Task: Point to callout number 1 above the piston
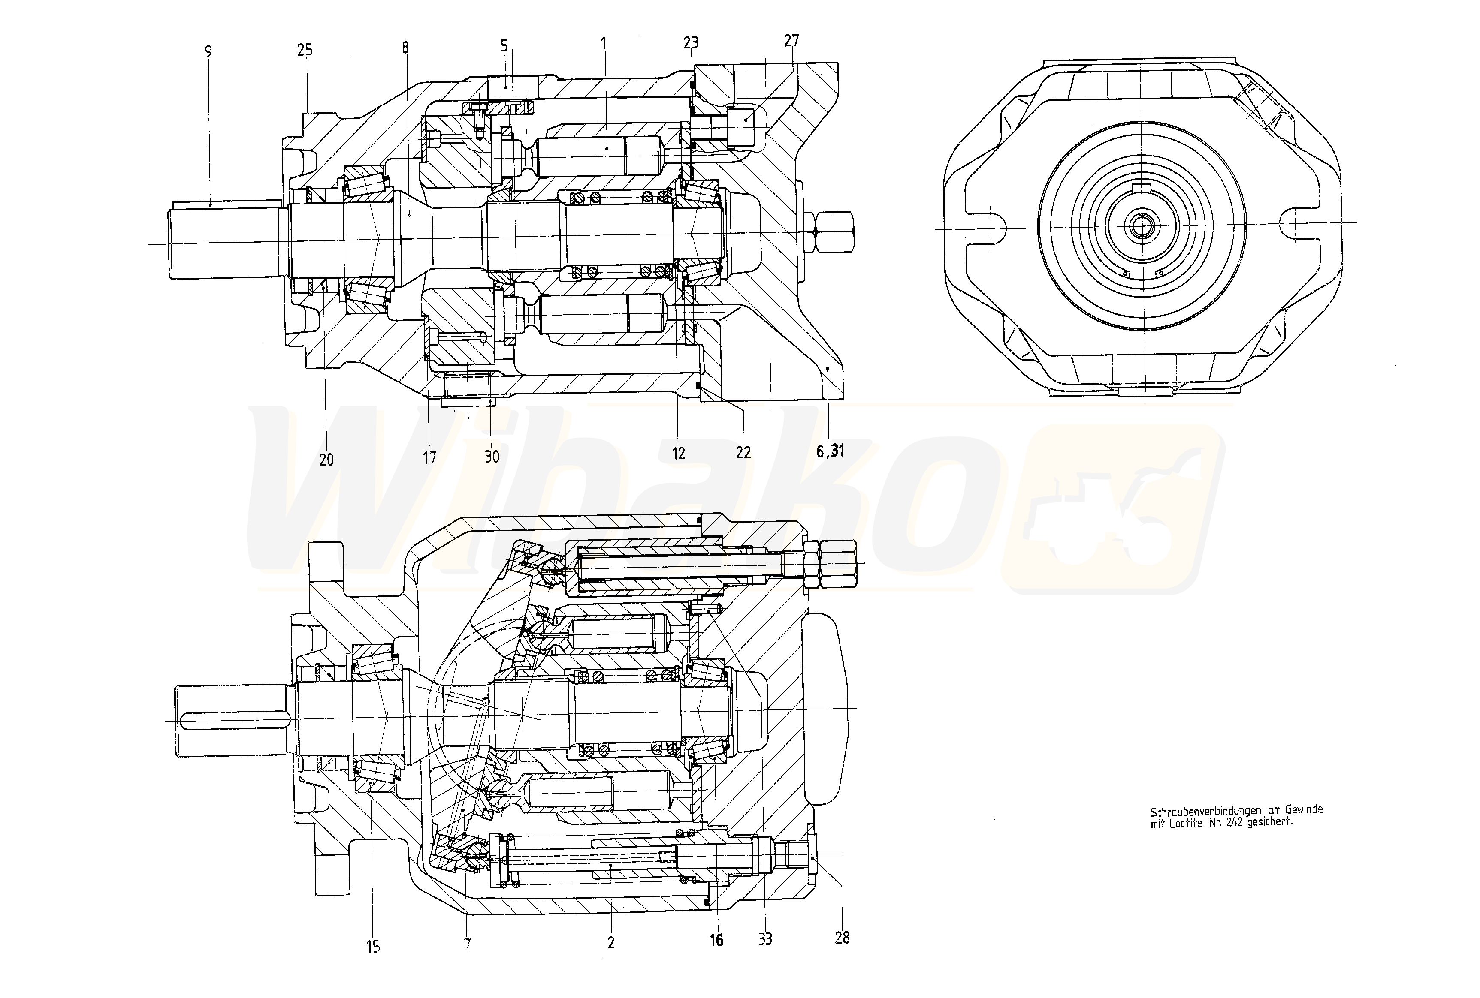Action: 604,45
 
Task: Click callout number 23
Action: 691,42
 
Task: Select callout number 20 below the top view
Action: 326,459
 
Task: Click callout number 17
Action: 429,457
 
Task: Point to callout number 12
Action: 678,453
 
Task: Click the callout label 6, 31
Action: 830,451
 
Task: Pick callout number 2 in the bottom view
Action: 611,943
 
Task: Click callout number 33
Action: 765,939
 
